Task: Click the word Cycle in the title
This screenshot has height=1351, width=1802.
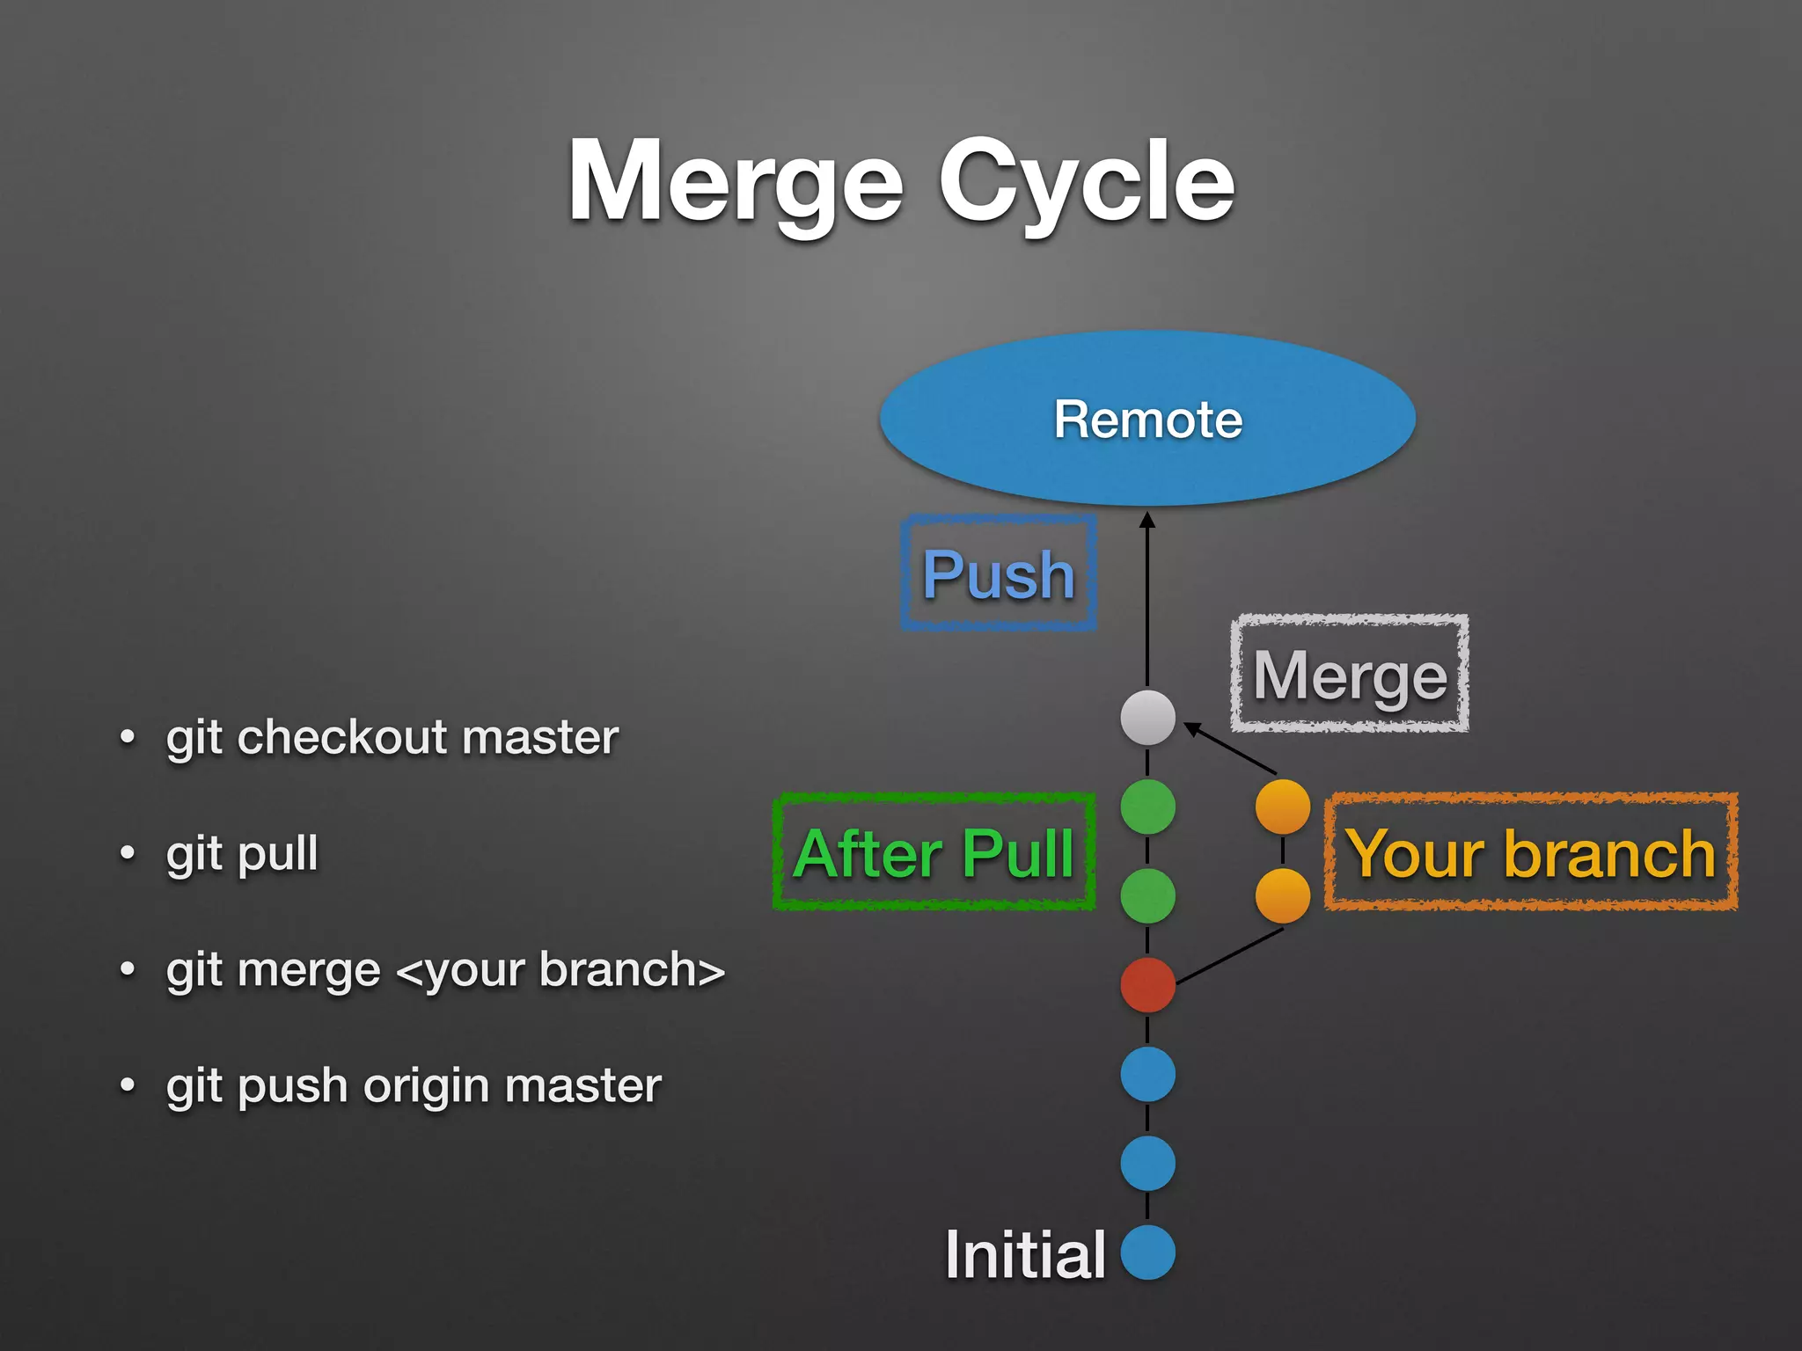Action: point(1087,183)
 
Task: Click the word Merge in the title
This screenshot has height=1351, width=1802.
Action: point(736,183)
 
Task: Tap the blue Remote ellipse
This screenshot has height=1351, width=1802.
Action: point(1147,419)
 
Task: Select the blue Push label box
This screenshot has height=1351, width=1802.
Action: point(999,573)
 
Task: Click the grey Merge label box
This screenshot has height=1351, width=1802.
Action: point(1350,675)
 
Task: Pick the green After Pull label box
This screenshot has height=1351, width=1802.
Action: point(934,852)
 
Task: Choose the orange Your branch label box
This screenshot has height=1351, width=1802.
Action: point(1531,852)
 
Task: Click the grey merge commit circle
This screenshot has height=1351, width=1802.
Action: point(1147,717)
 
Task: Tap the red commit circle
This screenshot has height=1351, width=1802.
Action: point(1147,985)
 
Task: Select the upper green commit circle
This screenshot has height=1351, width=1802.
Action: point(1147,807)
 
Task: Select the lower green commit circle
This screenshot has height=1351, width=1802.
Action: point(1147,895)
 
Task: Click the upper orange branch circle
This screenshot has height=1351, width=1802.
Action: point(1282,807)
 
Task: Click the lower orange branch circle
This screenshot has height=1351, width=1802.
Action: point(1282,895)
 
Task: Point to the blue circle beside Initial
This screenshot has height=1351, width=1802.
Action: point(1147,1252)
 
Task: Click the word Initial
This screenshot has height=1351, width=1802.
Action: point(1025,1254)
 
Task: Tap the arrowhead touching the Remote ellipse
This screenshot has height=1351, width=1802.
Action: point(1147,521)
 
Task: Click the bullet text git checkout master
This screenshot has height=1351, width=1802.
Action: point(392,737)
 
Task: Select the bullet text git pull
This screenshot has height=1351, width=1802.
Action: point(242,853)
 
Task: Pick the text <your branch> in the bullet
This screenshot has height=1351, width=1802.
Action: point(560,970)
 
